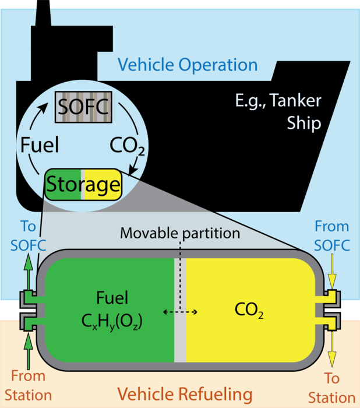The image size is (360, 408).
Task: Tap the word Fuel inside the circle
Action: tap(40, 145)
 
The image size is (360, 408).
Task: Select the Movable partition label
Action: tap(180, 233)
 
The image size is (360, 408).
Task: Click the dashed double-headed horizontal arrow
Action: tap(180, 312)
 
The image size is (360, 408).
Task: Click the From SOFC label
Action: tap(331, 236)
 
